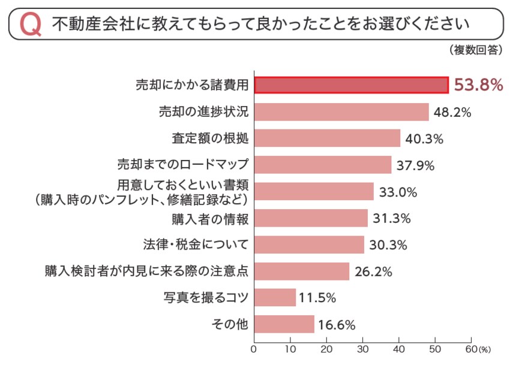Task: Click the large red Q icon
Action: point(30,25)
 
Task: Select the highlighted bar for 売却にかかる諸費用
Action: point(351,85)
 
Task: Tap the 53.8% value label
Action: point(478,85)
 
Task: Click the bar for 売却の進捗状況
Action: point(341,112)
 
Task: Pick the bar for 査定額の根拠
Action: point(327,138)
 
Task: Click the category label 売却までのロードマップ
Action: point(182,164)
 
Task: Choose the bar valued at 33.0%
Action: point(314,191)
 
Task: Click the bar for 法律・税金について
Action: point(309,245)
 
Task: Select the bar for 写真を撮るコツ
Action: point(275,297)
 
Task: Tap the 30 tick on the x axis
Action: point(363,348)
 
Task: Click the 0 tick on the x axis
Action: point(254,348)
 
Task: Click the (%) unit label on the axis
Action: point(484,349)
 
